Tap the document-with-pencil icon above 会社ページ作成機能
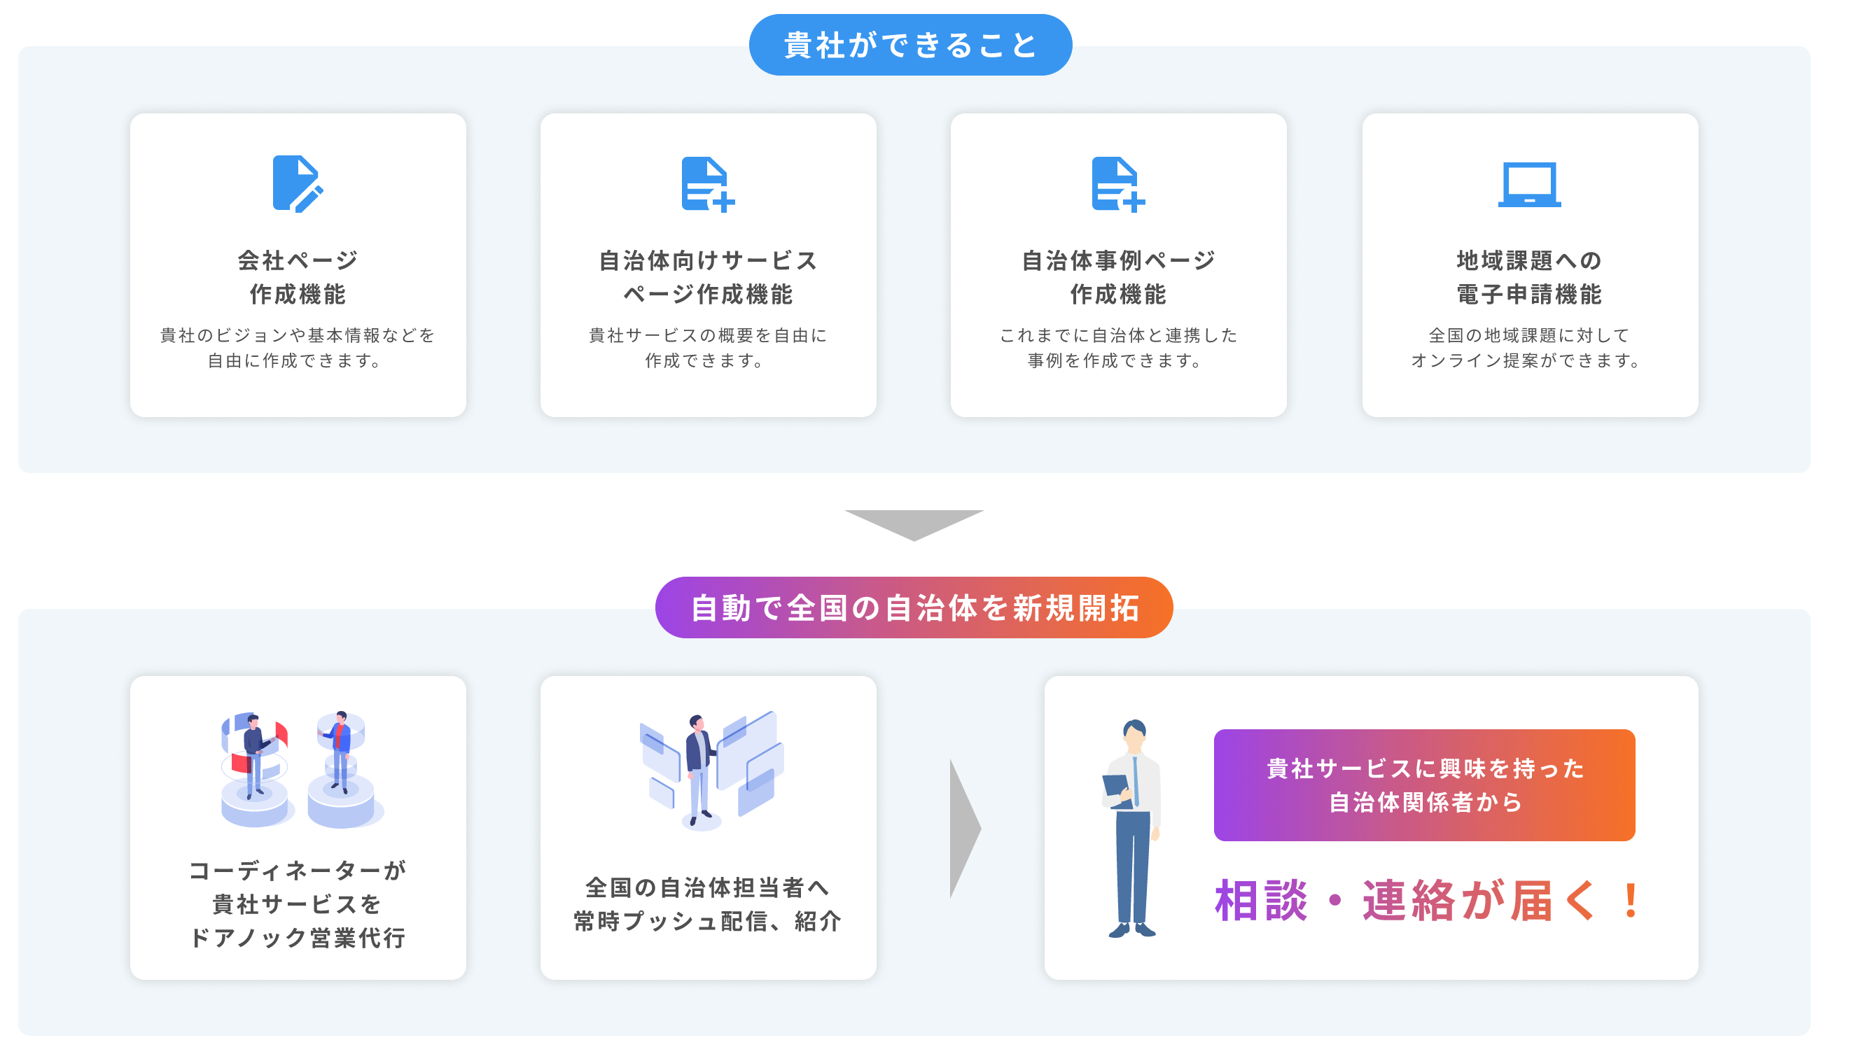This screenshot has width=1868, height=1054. click(x=298, y=183)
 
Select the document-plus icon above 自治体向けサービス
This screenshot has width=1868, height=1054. click(x=707, y=184)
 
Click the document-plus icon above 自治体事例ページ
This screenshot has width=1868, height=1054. click(x=1117, y=184)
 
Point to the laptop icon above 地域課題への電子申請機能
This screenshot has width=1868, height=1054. click(x=1528, y=184)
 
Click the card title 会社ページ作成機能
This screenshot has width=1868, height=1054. click(x=298, y=277)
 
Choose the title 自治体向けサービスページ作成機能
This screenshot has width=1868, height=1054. click(x=708, y=277)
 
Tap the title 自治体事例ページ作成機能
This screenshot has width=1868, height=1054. click(x=1117, y=277)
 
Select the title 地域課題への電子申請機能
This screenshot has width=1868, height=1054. click(x=1528, y=277)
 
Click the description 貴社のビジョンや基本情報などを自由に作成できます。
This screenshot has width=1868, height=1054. click(x=298, y=347)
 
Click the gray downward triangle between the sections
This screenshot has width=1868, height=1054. click(x=913, y=523)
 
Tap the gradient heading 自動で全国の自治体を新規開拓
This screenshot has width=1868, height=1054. click(x=914, y=607)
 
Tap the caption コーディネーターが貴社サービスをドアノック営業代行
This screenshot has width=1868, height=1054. click(x=298, y=904)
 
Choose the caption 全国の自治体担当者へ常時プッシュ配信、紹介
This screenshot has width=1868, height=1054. click(x=707, y=904)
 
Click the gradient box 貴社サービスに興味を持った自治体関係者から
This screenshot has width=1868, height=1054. click(x=1423, y=785)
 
